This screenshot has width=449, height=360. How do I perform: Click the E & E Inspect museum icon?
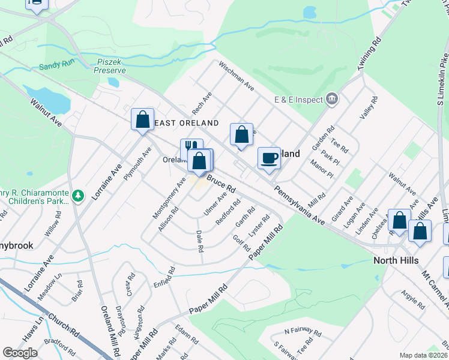[x=331, y=99]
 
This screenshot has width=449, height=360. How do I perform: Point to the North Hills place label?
[x=395, y=260]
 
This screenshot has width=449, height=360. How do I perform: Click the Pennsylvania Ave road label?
[x=300, y=205]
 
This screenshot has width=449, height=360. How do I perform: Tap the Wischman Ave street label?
[x=237, y=75]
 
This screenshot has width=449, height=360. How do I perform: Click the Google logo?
[x=20, y=353]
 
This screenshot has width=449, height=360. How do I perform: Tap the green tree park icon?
[x=77, y=196]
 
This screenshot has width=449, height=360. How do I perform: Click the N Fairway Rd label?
[x=299, y=331]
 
